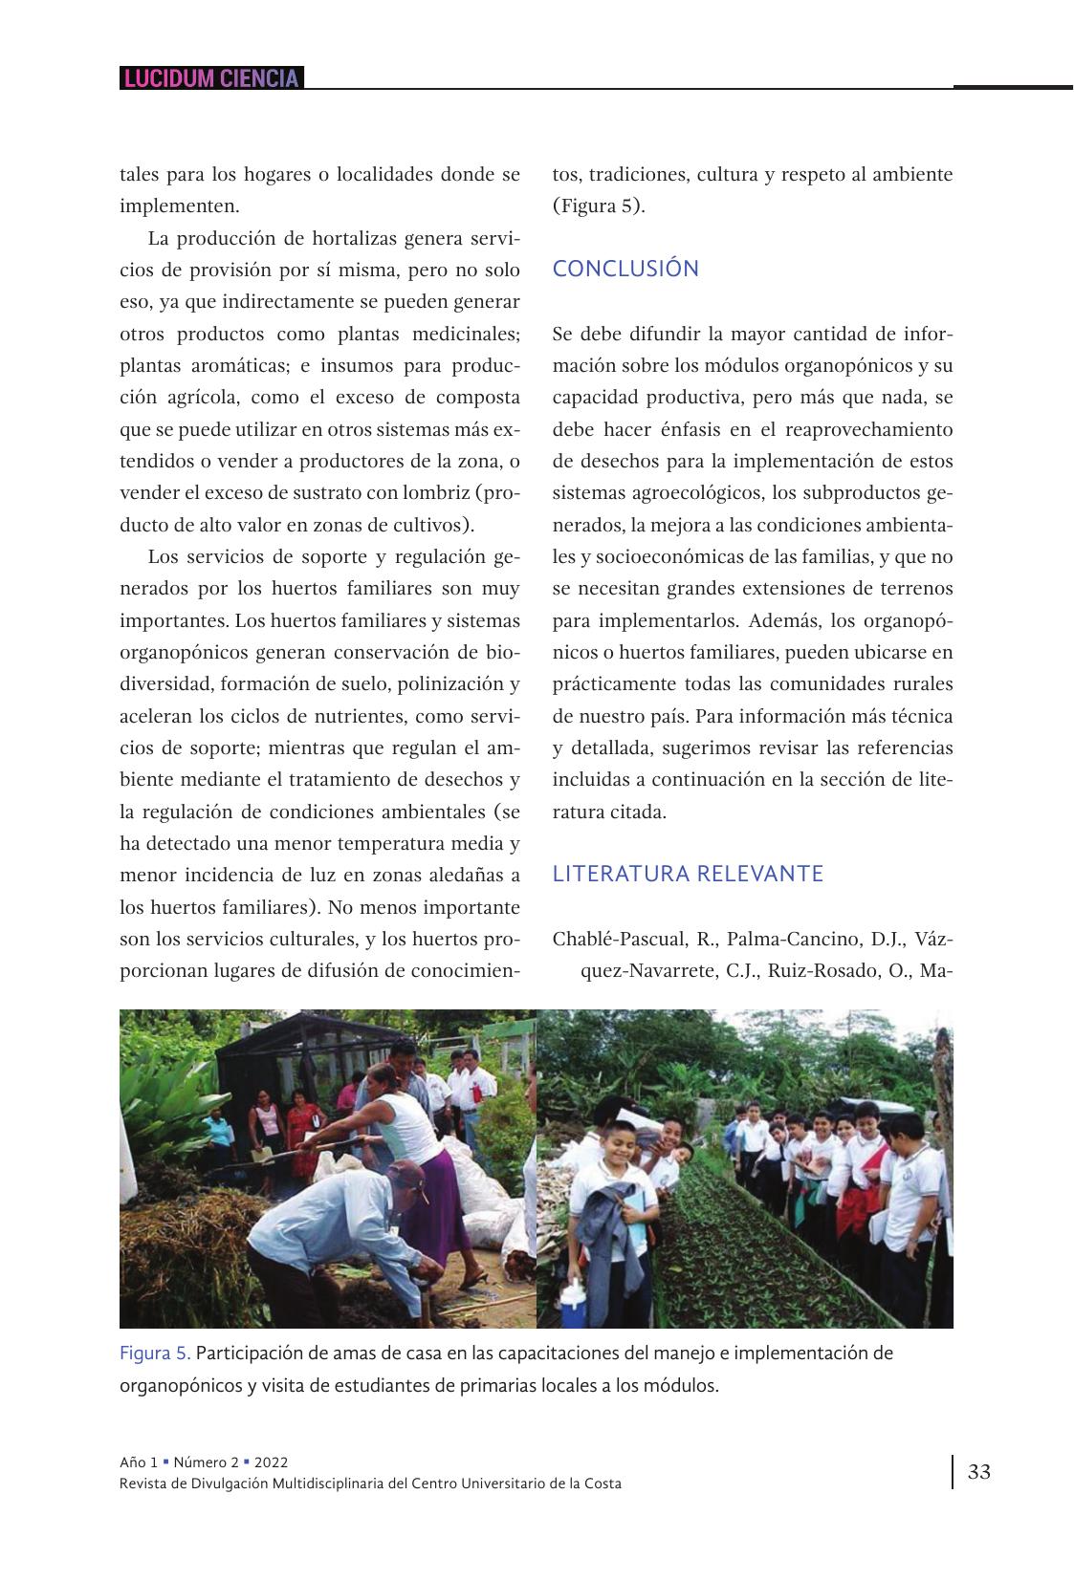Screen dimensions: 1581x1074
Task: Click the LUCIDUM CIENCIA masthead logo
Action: [211, 78]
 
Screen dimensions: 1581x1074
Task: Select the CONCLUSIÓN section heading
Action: [625, 269]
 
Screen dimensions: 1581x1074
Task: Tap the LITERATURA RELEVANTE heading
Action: [688, 874]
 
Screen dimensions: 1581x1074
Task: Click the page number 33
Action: [979, 1471]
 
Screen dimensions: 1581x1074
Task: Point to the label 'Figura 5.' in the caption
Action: [155, 1354]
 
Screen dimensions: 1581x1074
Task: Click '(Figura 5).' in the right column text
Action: [599, 206]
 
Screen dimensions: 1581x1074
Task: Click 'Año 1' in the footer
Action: [139, 1462]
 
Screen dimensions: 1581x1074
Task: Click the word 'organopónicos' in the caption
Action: [179, 1385]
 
